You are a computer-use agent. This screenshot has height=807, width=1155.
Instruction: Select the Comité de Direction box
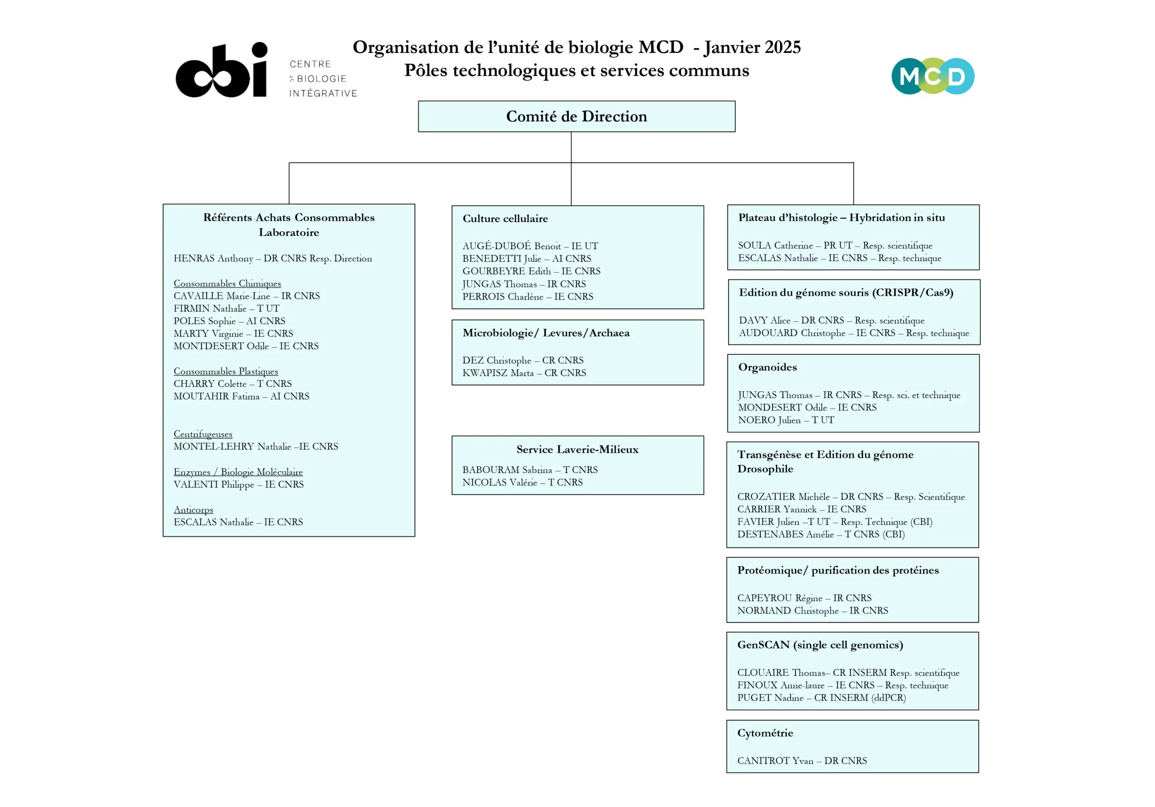pos(577,116)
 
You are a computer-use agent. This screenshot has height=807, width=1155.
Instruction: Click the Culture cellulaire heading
pos(505,218)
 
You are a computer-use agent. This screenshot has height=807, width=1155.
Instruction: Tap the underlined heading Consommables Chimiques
pos(227,283)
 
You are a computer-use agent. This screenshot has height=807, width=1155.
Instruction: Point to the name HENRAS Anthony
pos(213,258)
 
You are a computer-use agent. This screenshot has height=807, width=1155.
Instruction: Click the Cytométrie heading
pos(765,733)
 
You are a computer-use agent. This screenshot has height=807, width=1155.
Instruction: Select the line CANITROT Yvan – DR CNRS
pos(802,760)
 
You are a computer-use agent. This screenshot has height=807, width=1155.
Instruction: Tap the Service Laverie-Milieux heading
pos(577,449)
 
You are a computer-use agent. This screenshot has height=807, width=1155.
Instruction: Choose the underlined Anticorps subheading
pos(193,509)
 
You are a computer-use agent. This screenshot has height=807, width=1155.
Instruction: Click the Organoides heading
pos(767,367)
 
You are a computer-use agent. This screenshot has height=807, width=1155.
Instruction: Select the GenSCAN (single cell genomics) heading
pos(820,645)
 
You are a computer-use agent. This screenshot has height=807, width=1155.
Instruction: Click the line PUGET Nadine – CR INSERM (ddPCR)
pos(821,697)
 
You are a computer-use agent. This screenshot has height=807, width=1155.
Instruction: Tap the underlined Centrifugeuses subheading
pos(203,434)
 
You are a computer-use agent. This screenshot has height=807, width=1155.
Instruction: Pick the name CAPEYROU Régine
pos(780,598)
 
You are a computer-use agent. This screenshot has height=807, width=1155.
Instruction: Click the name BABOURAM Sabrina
pos(507,469)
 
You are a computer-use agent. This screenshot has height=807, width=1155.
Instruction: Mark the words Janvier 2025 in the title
pos(752,47)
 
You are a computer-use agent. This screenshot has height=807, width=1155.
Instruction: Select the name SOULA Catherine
pos(775,245)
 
